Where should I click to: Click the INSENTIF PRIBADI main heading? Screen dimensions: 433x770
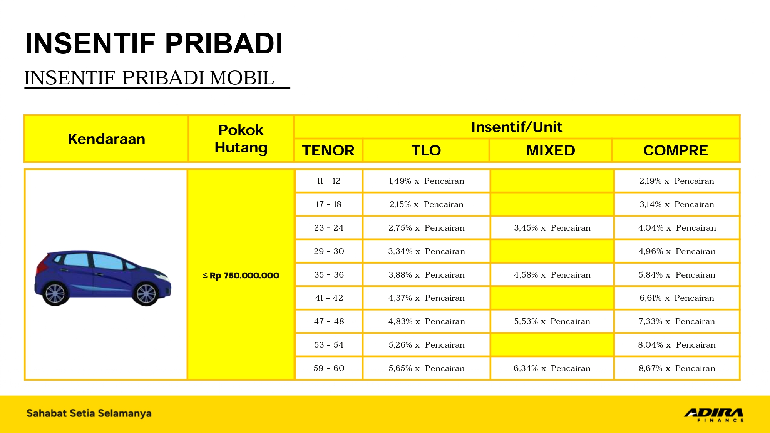click(154, 43)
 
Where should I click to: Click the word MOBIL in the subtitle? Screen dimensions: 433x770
click(242, 78)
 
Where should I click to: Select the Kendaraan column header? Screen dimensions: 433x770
click(106, 139)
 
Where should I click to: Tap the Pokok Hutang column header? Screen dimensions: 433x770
click(241, 139)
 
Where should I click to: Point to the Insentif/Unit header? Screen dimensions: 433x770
click(516, 127)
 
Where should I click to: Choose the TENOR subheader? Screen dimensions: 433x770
click(328, 150)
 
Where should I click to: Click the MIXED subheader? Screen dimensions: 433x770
click(551, 150)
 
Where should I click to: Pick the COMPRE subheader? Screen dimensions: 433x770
click(675, 150)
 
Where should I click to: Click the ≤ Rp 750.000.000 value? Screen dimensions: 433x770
click(241, 275)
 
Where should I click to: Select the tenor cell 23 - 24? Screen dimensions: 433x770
click(329, 228)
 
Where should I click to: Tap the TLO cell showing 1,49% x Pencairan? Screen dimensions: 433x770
click(426, 181)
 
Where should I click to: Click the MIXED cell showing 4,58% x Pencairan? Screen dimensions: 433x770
click(552, 275)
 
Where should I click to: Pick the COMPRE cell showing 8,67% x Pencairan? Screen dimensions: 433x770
click(677, 368)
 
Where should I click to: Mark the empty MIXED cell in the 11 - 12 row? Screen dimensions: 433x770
click(552, 181)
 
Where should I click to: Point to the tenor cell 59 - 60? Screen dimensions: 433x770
click(329, 368)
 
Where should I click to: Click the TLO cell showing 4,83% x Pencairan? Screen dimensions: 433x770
click(426, 321)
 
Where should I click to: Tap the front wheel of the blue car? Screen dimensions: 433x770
click(146, 294)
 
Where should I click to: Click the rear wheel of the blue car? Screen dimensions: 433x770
click(55, 294)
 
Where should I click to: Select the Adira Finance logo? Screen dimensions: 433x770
click(714, 415)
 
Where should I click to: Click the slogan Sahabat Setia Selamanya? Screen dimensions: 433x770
click(89, 413)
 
